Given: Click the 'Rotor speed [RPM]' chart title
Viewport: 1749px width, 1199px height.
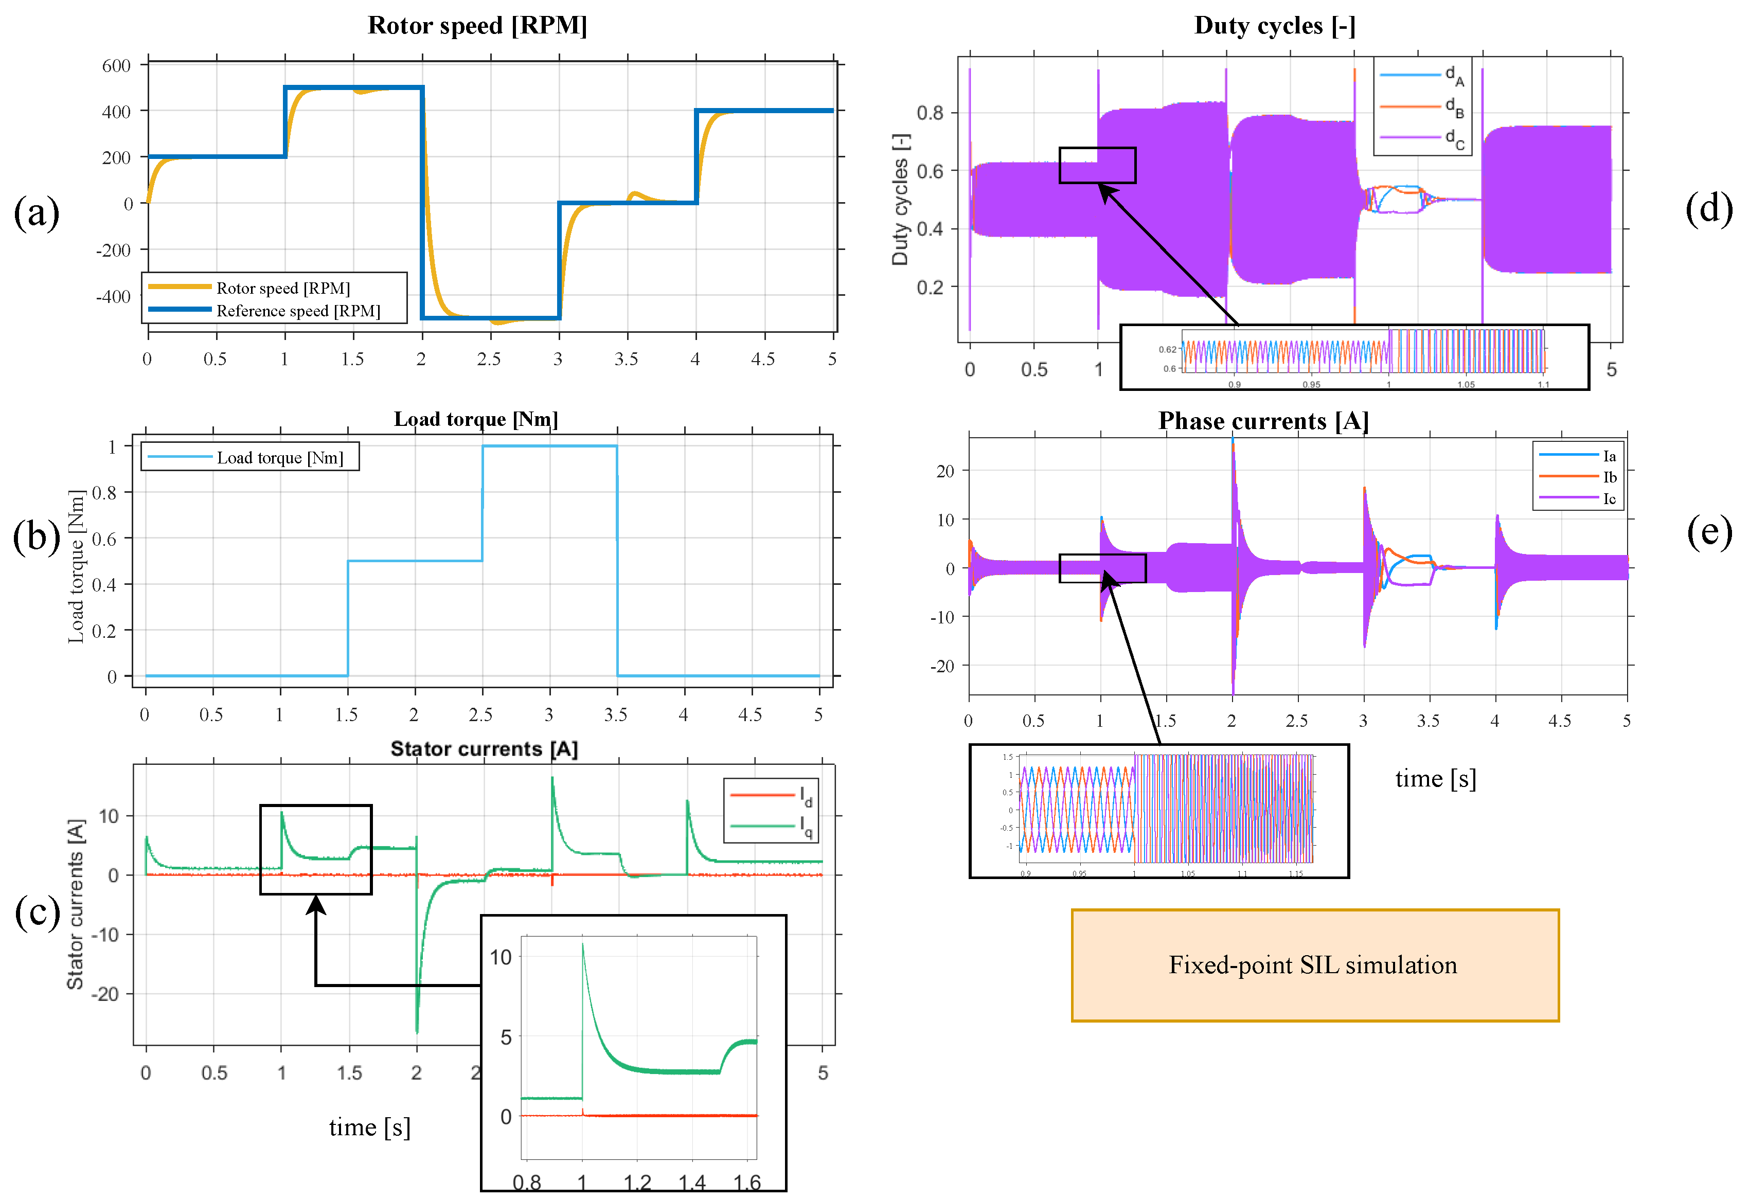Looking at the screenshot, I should [x=477, y=26].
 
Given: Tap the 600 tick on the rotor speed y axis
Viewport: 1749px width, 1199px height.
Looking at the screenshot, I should [x=117, y=65].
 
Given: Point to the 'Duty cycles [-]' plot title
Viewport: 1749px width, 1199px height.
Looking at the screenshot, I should [x=1275, y=26].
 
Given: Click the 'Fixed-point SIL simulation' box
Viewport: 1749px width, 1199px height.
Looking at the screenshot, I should [x=1314, y=965].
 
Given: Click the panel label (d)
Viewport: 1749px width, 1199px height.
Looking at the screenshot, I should [x=1708, y=208].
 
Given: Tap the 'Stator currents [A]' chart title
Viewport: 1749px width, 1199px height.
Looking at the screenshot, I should [x=484, y=749].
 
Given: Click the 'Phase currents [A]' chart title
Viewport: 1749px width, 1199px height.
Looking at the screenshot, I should [x=1263, y=421].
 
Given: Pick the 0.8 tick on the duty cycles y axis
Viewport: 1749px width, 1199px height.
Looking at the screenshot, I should [x=930, y=113].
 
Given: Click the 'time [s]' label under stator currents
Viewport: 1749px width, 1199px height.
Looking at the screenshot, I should [x=369, y=1127].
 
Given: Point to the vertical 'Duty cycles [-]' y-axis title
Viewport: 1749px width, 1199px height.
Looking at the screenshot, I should [x=900, y=200].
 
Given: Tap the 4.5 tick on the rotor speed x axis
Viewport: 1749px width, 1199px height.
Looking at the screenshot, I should [x=762, y=359].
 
